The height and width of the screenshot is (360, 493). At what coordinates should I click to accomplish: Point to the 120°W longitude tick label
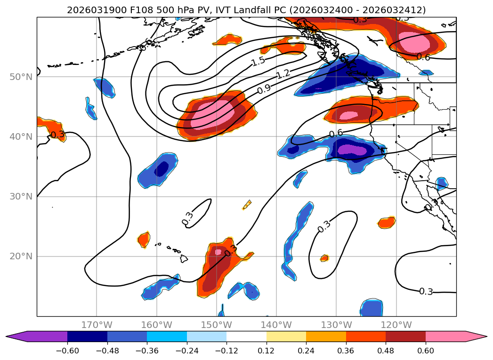[396, 325]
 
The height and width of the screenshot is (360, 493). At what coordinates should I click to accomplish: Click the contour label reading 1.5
[258, 61]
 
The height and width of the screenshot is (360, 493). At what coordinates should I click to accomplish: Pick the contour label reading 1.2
[283, 74]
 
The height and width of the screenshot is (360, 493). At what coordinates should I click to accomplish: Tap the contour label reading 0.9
[264, 89]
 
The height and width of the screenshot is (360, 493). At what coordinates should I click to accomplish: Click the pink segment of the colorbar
[445, 336]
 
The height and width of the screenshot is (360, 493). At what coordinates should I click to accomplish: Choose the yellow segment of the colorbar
[286, 336]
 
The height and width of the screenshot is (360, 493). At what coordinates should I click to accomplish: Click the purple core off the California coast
[353, 150]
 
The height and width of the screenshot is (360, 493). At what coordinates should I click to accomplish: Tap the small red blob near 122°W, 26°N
[387, 222]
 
